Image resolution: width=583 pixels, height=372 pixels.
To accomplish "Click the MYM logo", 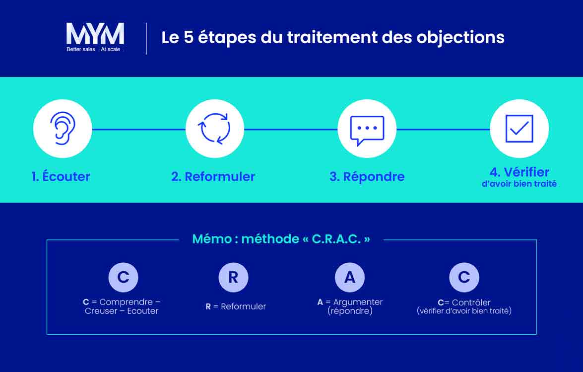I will [95, 34].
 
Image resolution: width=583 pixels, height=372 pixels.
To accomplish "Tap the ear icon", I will [63, 129].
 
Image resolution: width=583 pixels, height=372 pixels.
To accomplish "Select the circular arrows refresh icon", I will [214, 129].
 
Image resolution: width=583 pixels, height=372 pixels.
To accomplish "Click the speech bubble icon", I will [367, 129].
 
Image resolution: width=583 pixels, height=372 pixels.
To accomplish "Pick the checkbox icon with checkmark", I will [519, 129].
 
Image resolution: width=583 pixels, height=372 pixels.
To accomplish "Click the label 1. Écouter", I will [61, 176].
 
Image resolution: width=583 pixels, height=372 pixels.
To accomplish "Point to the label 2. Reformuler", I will [213, 176].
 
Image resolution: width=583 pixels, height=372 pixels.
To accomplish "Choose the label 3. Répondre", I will [367, 176].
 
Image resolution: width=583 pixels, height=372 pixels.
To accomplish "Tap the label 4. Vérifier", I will [519, 172].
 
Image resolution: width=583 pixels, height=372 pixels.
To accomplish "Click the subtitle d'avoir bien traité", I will [519, 184].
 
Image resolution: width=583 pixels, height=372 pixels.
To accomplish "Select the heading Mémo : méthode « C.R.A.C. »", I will [281, 239].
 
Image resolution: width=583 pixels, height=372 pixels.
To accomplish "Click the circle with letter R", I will [233, 277].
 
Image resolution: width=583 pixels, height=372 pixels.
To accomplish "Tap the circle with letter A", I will [349, 277].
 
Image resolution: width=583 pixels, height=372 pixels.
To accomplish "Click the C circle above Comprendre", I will [123, 277].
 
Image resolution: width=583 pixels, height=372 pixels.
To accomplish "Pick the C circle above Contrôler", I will [464, 277].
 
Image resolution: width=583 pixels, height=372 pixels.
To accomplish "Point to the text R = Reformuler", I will [236, 306].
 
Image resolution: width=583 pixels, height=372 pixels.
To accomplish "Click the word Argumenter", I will [358, 302].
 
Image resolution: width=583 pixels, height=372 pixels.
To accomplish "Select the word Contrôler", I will [471, 302].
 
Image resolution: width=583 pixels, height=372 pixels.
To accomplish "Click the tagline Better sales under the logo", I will [81, 50].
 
